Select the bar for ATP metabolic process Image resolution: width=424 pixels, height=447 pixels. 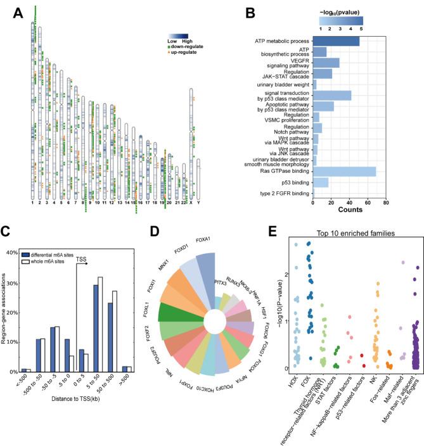click(336, 41)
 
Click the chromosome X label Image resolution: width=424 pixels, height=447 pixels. click(191, 203)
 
